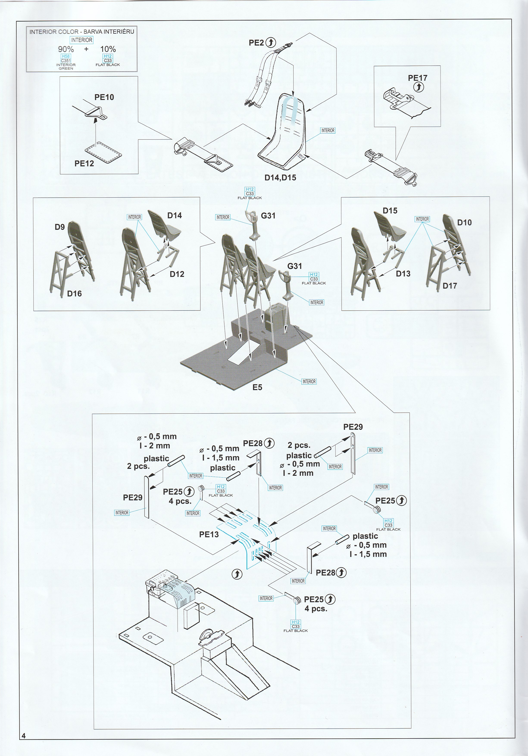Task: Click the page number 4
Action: [23, 736]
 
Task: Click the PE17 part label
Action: [417, 78]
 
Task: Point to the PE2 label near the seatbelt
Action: [256, 43]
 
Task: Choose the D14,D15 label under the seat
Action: [280, 178]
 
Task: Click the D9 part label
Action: [59, 227]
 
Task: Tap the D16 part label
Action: [74, 294]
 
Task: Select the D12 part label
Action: [177, 274]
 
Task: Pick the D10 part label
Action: [464, 223]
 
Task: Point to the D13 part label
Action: [403, 274]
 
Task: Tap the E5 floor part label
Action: [257, 387]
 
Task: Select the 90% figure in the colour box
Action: [66, 49]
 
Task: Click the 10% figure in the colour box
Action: [108, 49]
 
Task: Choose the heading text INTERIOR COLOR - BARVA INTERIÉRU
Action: [82, 32]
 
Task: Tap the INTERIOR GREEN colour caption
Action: [66, 66]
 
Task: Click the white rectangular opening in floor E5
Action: [243, 353]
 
